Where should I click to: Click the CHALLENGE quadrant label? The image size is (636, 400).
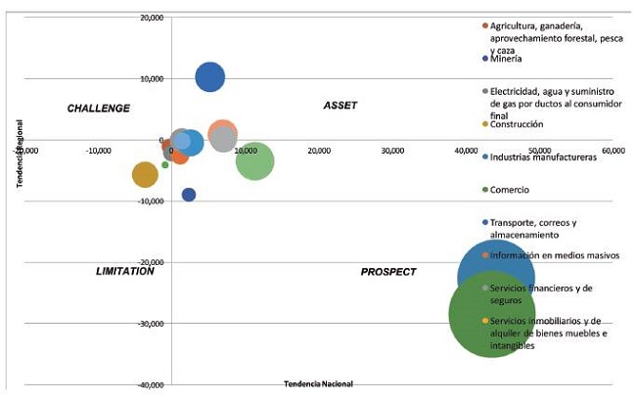click(x=98, y=108)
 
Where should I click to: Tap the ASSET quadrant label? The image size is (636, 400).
click(x=340, y=106)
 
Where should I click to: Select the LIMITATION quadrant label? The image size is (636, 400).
click(x=125, y=271)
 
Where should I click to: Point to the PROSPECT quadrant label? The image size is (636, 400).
click(x=388, y=272)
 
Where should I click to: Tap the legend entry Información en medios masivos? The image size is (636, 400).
click(x=554, y=255)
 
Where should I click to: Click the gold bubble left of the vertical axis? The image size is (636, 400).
click(x=145, y=175)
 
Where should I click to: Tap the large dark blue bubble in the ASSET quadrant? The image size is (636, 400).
click(x=210, y=77)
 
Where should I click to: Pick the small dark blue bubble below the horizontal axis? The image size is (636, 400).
click(x=189, y=195)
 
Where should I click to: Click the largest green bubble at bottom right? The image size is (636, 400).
click(x=491, y=314)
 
